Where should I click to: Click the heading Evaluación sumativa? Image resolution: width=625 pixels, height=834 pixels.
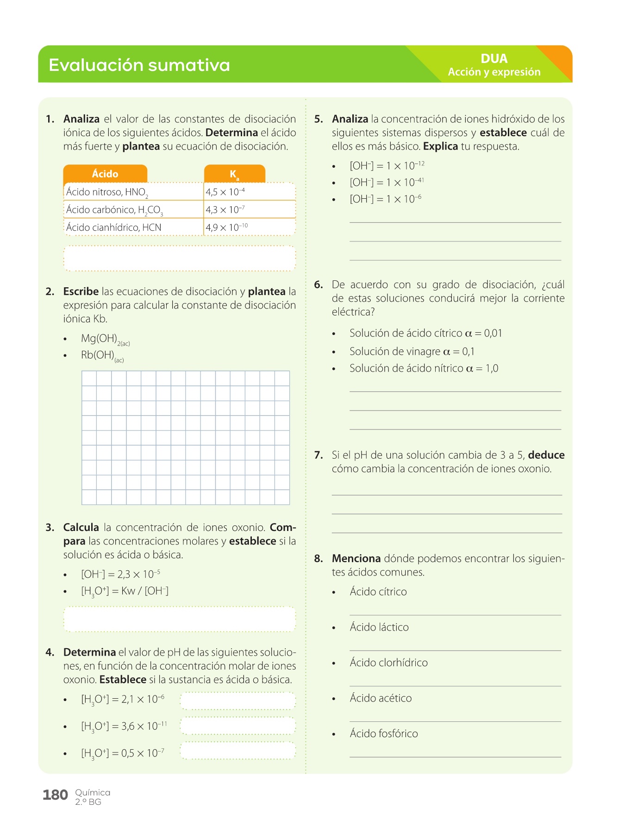point(139,65)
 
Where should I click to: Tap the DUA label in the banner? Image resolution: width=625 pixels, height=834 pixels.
point(494,59)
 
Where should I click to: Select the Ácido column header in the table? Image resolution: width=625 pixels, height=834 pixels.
point(105,174)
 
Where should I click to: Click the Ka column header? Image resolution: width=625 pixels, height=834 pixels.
point(234,174)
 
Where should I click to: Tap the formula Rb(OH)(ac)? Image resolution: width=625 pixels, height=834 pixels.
point(102,356)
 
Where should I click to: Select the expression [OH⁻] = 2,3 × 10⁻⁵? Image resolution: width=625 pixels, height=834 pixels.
point(120,575)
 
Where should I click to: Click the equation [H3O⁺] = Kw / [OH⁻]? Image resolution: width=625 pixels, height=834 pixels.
point(125,591)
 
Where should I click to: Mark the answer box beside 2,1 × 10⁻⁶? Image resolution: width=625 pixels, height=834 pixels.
point(237,701)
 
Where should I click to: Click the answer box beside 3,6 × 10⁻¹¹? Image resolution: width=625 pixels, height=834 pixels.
point(237,726)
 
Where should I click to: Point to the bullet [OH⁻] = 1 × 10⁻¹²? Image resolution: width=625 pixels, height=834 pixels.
point(387,166)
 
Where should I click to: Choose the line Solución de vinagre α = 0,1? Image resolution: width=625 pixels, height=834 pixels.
point(412,352)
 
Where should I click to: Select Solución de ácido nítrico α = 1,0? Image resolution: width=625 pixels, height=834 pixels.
point(424,369)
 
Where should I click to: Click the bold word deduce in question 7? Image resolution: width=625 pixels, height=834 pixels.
point(546,455)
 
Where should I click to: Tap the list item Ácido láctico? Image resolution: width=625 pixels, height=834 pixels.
point(379,627)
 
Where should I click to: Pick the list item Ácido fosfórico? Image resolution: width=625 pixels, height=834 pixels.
point(384,733)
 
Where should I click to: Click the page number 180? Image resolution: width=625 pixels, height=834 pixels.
point(55,795)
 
